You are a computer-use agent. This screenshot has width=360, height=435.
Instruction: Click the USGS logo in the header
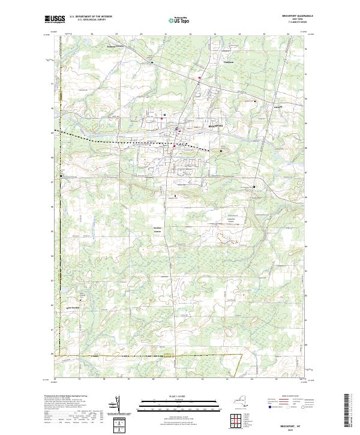pos(55,19)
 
